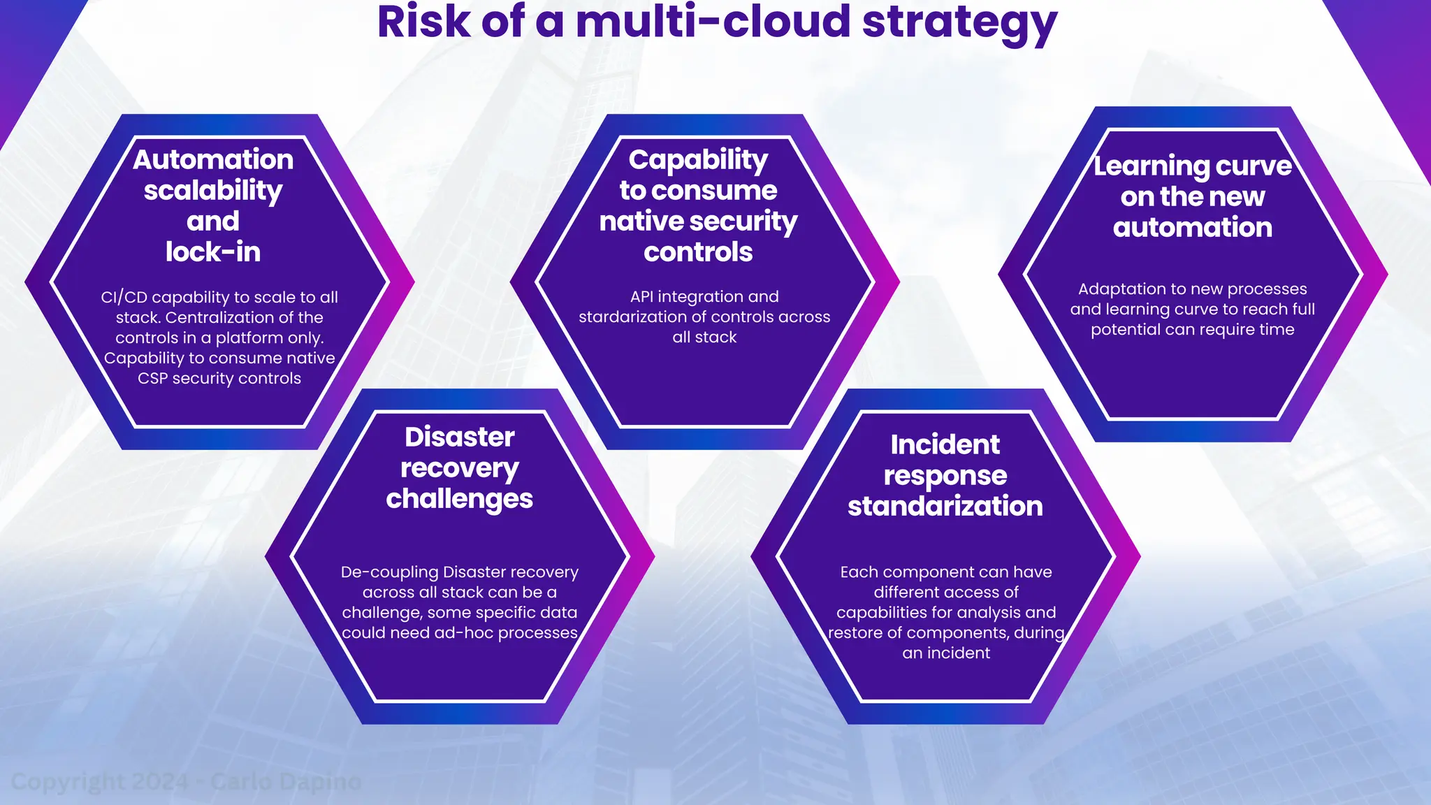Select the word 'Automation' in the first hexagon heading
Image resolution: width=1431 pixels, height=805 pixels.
pyautogui.click(x=213, y=160)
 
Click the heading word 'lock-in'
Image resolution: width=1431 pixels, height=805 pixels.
pyautogui.click(x=213, y=252)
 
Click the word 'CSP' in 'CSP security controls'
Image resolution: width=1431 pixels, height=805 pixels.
pyautogui.click(x=152, y=379)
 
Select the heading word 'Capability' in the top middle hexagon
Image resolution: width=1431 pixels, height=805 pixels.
pyautogui.click(x=698, y=161)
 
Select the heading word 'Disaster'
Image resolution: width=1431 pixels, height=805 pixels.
pyautogui.click(x=459, y=437)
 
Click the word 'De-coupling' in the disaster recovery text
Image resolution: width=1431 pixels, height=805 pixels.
pyautogui.click(x=389, y=572)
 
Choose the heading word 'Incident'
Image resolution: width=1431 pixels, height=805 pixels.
pyautogui.click(x=945, y=445)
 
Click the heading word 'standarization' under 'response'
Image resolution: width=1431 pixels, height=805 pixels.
pyautogui.click(x=945, y=507)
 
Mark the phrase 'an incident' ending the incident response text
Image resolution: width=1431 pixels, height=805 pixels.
pyautogui.click(x=946, y=653)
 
